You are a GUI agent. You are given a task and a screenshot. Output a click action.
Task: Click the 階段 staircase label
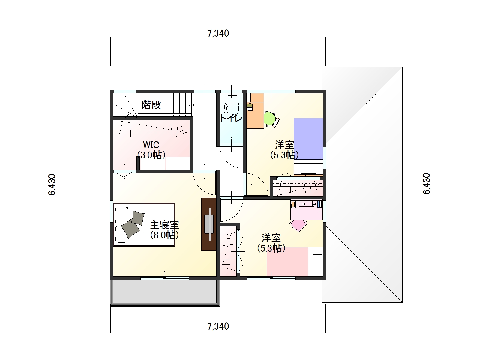click(151, 105)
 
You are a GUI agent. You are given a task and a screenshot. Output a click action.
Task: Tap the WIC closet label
click(151, 145)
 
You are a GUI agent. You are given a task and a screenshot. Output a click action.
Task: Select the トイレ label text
click(231, 118)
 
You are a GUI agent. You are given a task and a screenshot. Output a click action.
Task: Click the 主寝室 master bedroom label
click(165, 225)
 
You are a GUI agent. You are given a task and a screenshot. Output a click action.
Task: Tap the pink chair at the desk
click(298, 226)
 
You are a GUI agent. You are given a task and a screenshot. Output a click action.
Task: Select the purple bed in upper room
click(308, 139)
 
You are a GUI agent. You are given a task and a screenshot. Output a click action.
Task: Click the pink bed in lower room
click(287, 262)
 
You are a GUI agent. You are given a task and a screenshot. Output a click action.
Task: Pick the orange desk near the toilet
click(255, 111)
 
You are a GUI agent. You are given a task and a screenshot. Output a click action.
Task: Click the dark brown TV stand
click(208, 224)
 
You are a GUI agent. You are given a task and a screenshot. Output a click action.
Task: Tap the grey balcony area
click(165, 292)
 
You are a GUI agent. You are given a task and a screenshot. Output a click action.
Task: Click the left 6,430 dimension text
click(52, 185)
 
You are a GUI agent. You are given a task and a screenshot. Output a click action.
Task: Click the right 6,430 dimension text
click(427, 184)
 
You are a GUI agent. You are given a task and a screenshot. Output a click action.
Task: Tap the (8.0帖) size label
click(165, 235)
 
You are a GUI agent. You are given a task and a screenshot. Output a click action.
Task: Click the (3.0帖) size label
click(151, 155)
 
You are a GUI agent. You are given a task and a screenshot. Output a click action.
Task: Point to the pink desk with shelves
click(307, 210)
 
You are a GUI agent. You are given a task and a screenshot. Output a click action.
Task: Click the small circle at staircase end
click(191, 105)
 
